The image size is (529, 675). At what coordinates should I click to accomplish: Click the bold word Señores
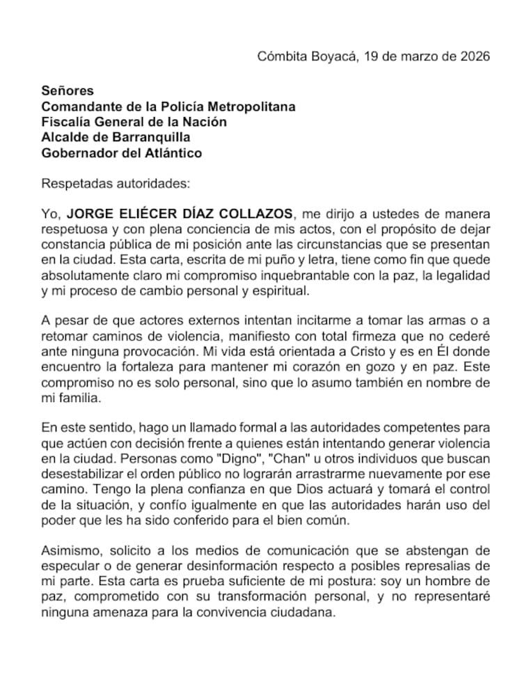68,91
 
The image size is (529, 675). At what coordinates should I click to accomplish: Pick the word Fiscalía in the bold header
65,122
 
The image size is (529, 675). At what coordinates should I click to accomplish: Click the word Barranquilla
150,137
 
